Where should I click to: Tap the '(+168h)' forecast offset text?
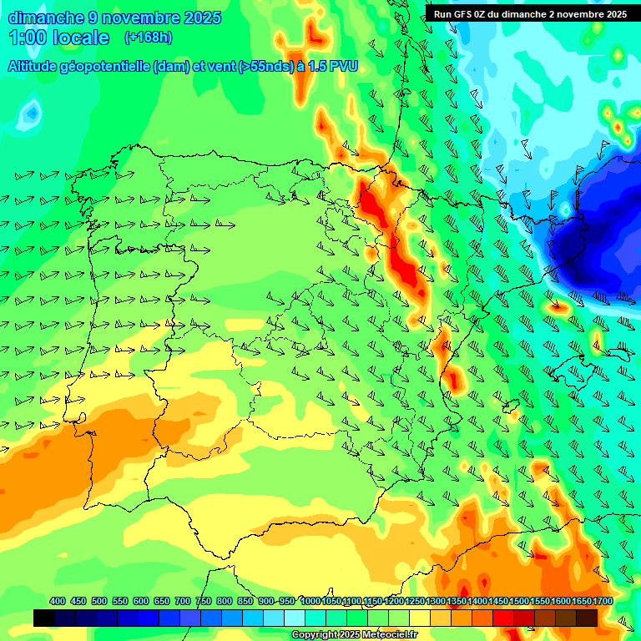[x=149, y=38]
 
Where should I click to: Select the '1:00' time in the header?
[x=27, y=38]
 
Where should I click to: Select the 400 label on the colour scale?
[x=58, y=602]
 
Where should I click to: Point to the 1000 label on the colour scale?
[x=310, y=602]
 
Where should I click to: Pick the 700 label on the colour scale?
[x=183, y=602]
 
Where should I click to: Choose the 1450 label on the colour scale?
[x=498, y=602]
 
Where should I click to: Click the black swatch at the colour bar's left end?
[x=44, y=618]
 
